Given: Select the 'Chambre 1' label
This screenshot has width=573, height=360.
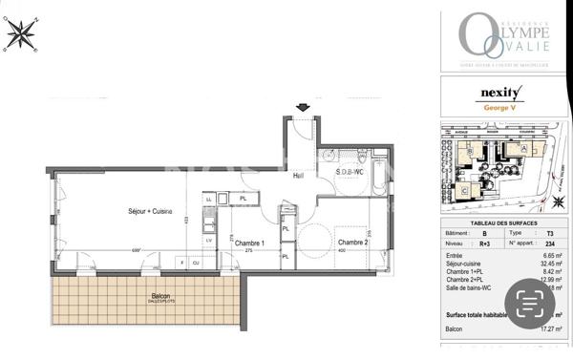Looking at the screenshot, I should click(x=249, y=243).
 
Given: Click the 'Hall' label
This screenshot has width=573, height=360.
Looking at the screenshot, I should click(x=297, y=176).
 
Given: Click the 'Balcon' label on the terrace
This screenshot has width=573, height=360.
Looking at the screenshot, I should click(x=161, y=296).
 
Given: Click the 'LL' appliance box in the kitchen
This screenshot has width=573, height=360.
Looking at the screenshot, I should click(x=209, y=199).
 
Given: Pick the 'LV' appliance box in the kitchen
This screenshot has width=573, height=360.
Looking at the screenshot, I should click(x=210, y=242).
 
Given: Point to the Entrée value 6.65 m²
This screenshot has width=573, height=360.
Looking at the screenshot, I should click(x=549, y=256).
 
